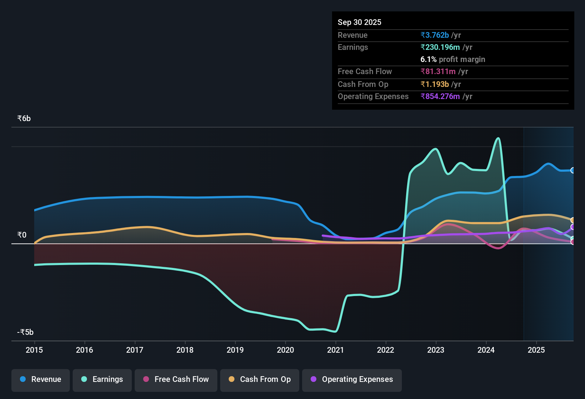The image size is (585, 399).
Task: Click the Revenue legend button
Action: click(41, 379)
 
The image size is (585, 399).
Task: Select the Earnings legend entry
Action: click(102, 379)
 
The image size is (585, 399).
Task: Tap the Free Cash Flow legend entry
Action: click(176, 379)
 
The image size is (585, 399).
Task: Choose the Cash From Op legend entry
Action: click(260, 379)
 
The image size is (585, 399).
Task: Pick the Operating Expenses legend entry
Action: click(352, 379)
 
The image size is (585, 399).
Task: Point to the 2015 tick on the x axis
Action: click(34, 350)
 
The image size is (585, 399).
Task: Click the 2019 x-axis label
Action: click(235, 350)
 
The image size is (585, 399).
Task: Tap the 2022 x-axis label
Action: click(385, 350)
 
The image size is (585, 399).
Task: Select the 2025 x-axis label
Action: click(536, 350)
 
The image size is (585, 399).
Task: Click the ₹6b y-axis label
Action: click(24, 119)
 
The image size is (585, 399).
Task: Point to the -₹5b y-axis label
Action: click(25, 332)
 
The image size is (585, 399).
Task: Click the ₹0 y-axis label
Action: click(22, 235)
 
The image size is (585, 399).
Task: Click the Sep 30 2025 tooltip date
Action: click(359, 22)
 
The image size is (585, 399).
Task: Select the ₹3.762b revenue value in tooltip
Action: click(435, 35)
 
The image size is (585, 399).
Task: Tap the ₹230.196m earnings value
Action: click(440, 47)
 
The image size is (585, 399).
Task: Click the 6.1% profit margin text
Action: click(452, 59)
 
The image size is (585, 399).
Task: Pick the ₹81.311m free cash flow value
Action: click(438, 72)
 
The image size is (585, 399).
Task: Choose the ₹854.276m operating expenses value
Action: click(440, 97)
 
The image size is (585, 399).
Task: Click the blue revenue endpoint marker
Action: click(573, 170)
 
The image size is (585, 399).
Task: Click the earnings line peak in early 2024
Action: click(498, 138)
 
